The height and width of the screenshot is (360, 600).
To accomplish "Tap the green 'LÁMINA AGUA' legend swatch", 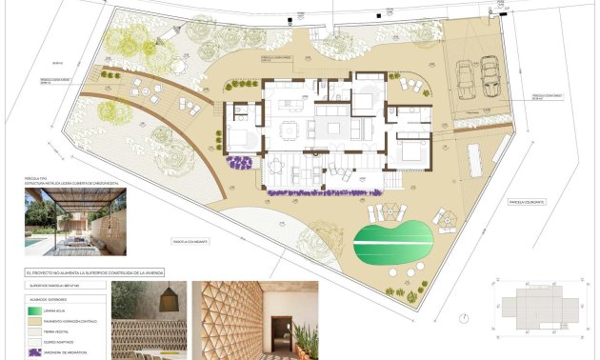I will (x=35, y=310).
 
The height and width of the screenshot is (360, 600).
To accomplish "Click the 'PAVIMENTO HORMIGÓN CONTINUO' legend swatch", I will (x=35, y=323).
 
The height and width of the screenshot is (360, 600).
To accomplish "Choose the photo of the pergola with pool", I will (x=75, y=222).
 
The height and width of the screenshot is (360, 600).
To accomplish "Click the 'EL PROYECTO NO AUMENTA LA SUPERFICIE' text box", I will (x=95, y=272).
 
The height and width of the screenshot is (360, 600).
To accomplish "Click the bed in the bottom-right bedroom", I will (x=411, y=150).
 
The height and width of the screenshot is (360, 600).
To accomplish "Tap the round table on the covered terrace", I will (x=277, y=166).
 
